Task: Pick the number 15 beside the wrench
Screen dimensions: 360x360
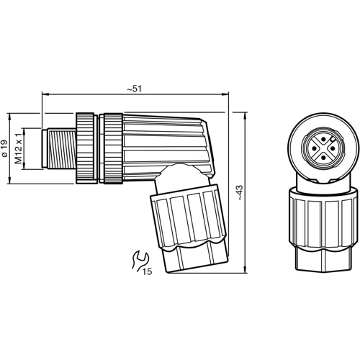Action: [147, 271]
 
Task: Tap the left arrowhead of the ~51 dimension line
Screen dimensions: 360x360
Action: [45, 94]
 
